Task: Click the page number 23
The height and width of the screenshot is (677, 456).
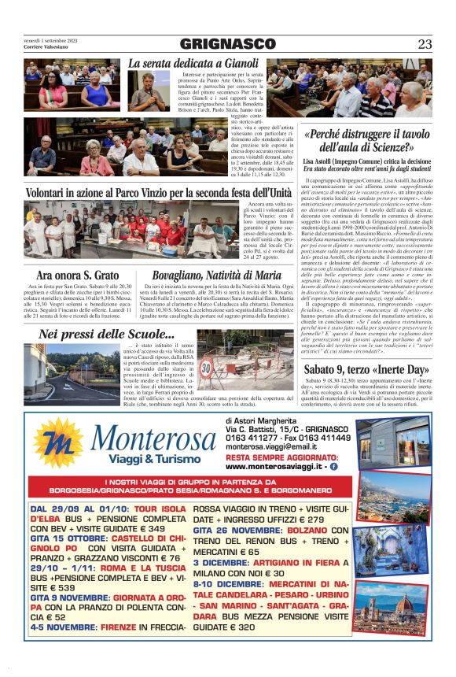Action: [x=425, y=44]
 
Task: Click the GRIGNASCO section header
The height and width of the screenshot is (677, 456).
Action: [x=227, y=44]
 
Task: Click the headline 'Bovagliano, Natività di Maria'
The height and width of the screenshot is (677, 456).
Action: [x=216, y=275]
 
